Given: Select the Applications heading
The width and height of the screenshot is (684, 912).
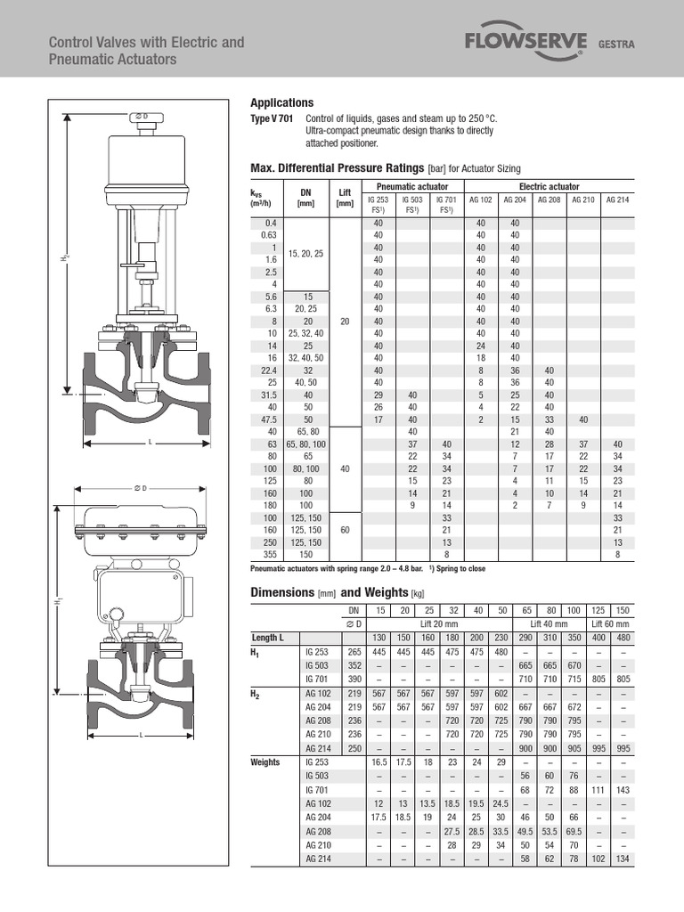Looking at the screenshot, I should (281, 102).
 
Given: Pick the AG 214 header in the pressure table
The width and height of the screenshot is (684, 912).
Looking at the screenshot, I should (617, 200).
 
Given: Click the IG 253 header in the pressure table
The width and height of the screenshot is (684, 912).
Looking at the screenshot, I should (378, 200).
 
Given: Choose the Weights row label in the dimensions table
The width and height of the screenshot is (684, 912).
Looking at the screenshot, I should (265, 762).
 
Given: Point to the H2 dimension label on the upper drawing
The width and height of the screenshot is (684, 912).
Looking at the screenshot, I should (65, 258).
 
